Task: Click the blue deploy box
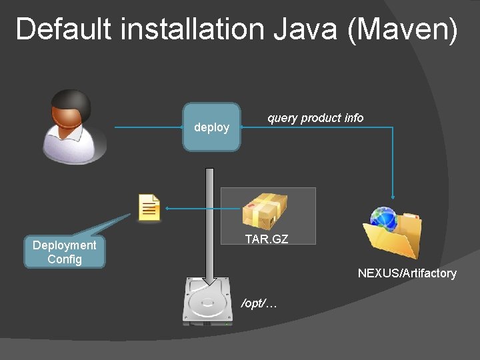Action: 211,127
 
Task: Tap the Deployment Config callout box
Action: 65,252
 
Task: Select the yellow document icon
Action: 149,208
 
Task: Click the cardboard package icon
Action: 265,211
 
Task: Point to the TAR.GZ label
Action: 267,239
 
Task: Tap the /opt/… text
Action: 259,304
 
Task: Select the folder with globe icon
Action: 392,233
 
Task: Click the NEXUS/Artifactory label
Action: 407,273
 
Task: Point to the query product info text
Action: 315,118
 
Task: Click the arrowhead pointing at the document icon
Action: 167,209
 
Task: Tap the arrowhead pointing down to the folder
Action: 393,197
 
